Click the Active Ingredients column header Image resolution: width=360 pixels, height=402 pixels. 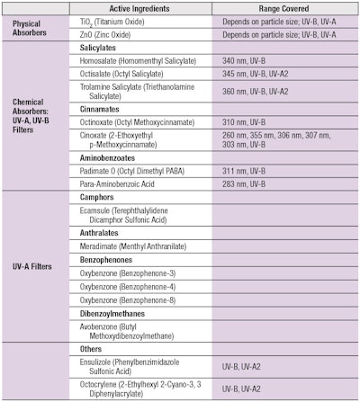point(139,8)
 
